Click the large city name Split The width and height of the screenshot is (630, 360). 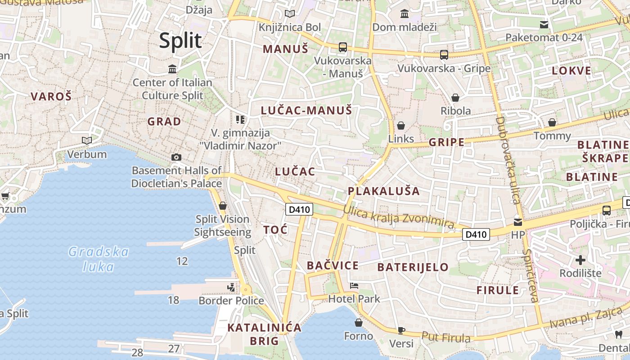[x=180, y=40]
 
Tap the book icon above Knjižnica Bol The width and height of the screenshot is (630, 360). [x=290, y=14]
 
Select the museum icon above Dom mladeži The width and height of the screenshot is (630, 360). [x=404, y=14]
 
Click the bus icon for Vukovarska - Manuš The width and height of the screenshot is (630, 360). [x=343, y=47]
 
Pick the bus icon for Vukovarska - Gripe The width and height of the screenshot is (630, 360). [x=444, y=55]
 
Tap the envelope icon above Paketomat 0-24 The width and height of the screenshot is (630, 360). [x=544, y=24]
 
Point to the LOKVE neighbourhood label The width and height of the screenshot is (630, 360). [x=571, y=71]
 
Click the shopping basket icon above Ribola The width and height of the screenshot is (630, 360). [x=455, y=98]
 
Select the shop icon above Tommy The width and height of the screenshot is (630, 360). [x=552, y=122]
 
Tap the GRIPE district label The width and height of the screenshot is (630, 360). [x=446, y=143]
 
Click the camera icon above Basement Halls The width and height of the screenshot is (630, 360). [x=176, y=157]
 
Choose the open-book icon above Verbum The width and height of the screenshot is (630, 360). [x=86, y=141]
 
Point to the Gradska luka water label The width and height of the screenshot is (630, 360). [x=99, y=259]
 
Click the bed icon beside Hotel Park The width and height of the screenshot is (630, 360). [x=354, y=286]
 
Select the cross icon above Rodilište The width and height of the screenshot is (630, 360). [x=580, y=260]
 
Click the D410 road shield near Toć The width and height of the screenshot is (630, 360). [x=299, y=209]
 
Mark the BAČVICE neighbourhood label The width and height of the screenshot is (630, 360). [x=333, y=265]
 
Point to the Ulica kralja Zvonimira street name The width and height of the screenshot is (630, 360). [x=398, y=216]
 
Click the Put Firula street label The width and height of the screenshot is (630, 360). [x=446, y=337]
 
